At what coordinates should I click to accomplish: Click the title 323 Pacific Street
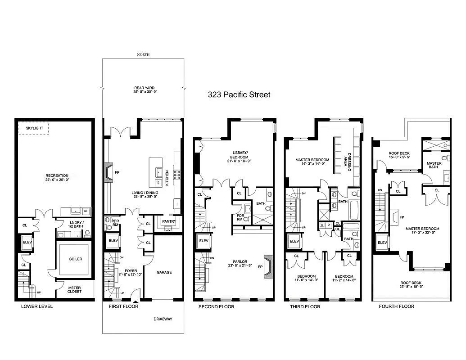[239, 95]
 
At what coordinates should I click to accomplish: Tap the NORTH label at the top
[143, 54]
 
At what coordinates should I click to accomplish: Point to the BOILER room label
[75, 259]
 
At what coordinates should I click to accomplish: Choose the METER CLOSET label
[75, 289]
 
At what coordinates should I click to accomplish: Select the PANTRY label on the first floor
[169, 221]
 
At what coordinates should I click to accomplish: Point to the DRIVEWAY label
[162, 319]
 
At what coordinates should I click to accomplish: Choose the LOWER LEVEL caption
[37, 306]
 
